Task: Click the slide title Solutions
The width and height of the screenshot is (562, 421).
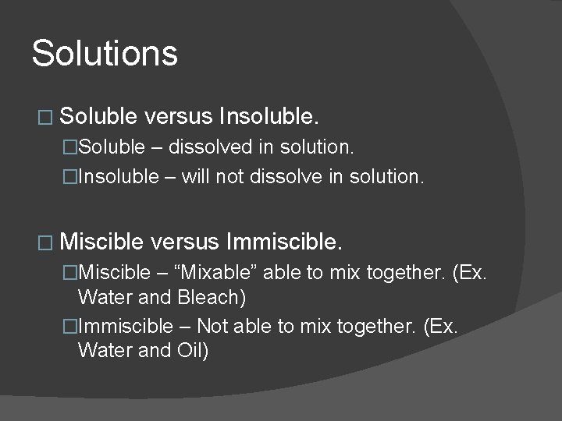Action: [x=105, y=54]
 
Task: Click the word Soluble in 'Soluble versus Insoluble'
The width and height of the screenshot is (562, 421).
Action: [x=98, y=118]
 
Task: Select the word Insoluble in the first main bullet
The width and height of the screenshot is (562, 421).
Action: [x=269, y=118]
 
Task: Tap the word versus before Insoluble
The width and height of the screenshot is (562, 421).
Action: [x=179, y=118]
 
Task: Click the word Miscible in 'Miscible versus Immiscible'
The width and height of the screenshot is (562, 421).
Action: [x=101, y=242]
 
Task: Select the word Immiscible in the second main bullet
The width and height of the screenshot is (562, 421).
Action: [x=283, y=242]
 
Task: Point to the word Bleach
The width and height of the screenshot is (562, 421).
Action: [x=212, y=297]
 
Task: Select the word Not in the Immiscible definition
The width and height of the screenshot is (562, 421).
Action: [x=212, y=326]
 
